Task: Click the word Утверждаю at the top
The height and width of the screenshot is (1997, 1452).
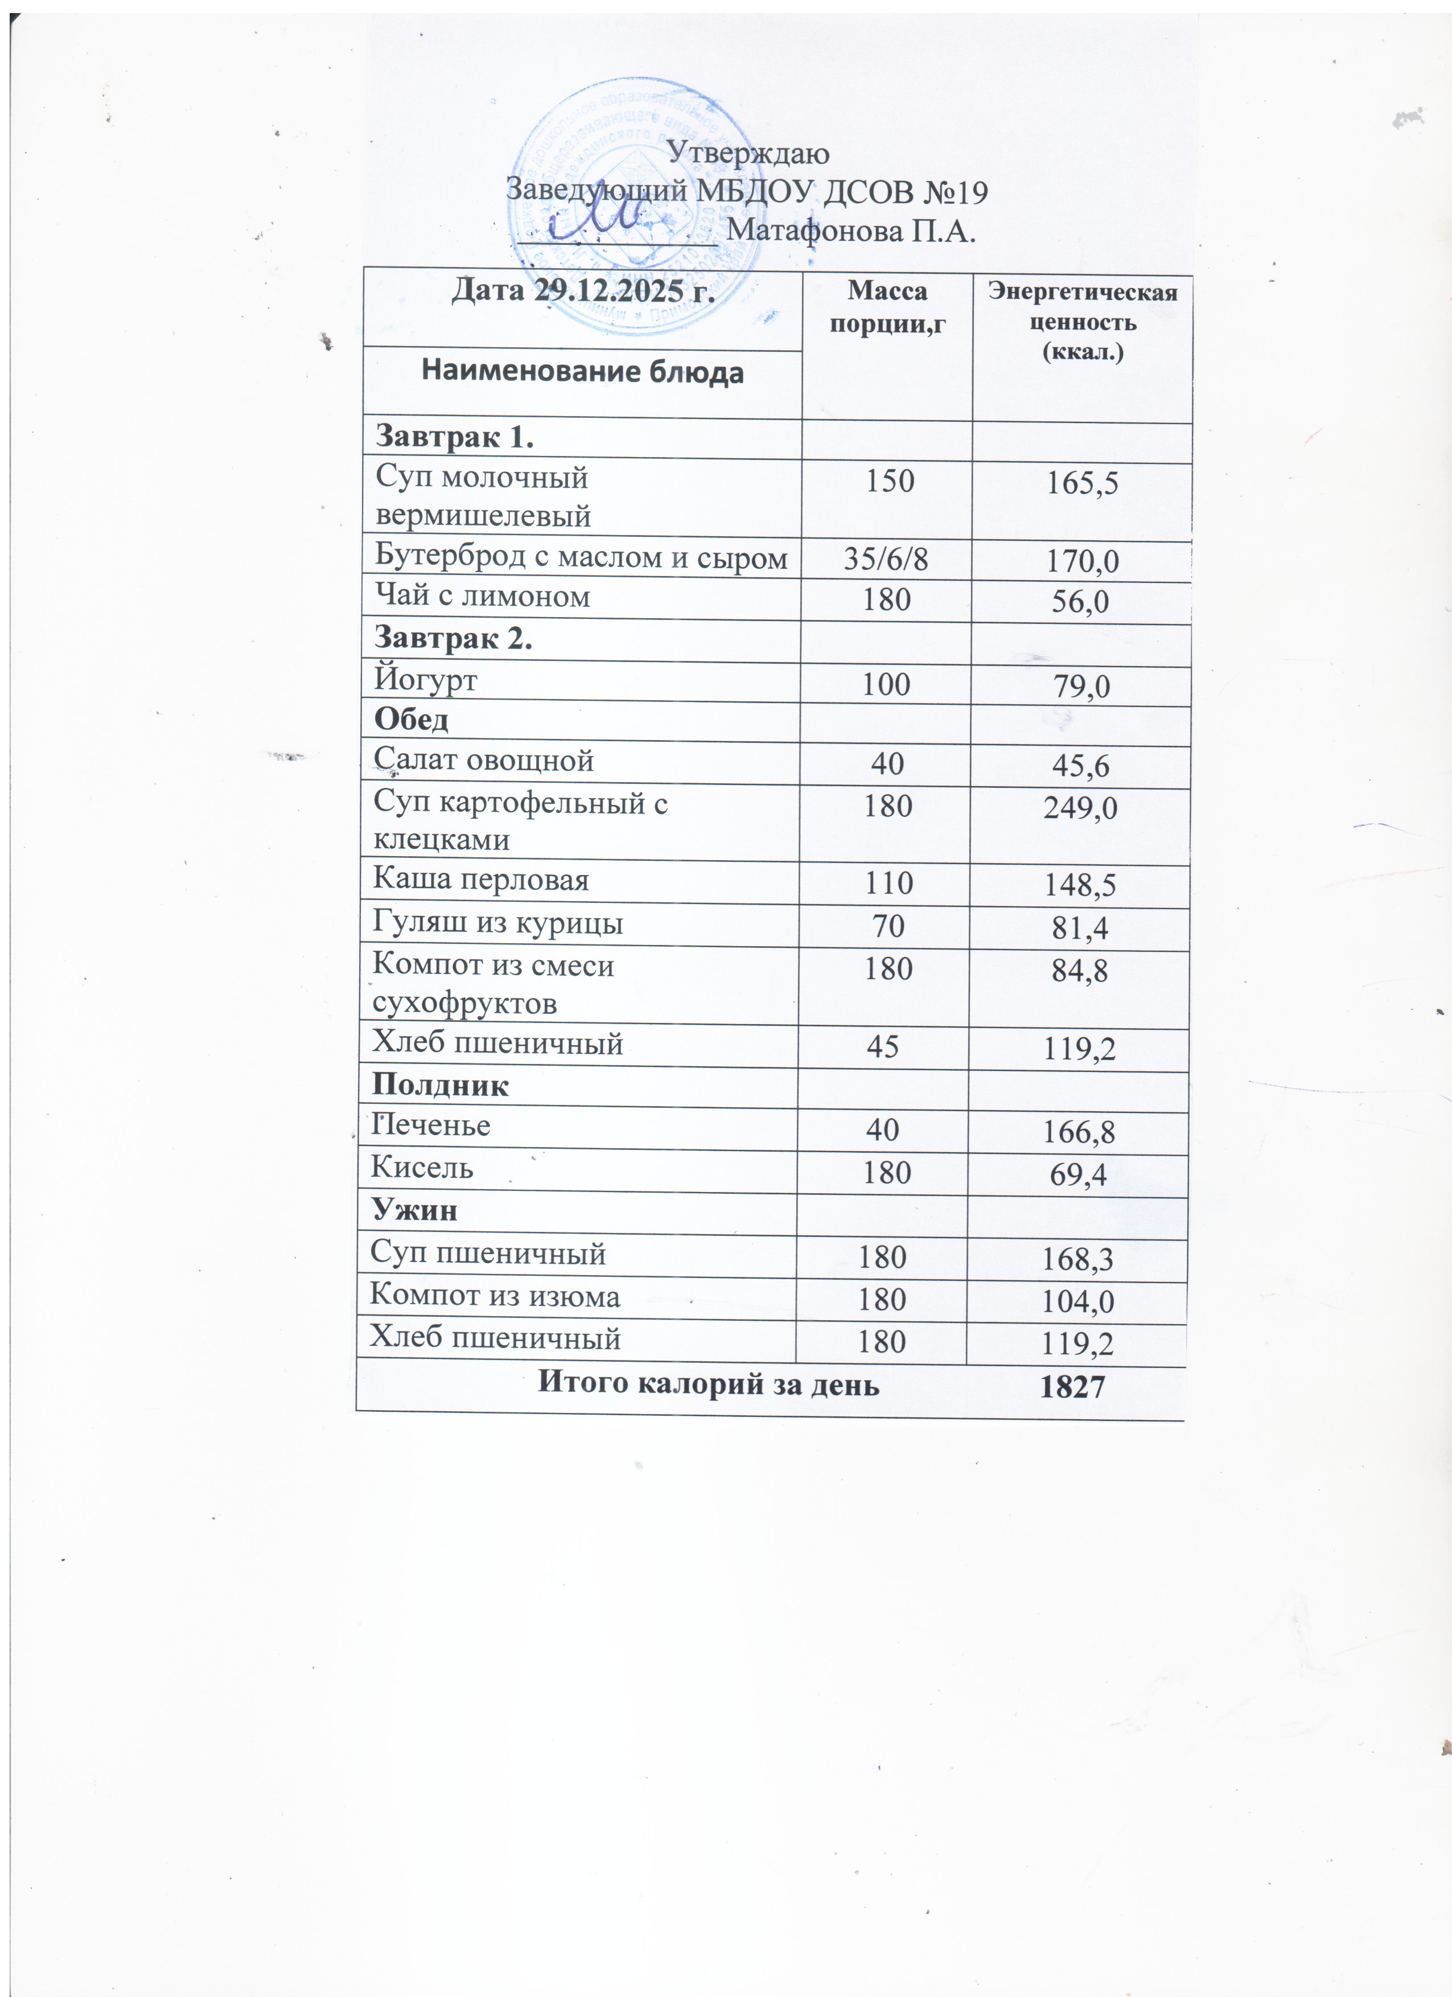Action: [747, 153]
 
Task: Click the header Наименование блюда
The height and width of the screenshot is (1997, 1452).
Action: [582, 372]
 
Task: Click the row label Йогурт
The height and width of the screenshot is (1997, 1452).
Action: [425, 680]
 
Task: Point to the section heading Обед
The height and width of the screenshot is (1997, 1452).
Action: [411, 720]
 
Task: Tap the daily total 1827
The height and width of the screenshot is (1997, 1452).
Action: [1072, 1387]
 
